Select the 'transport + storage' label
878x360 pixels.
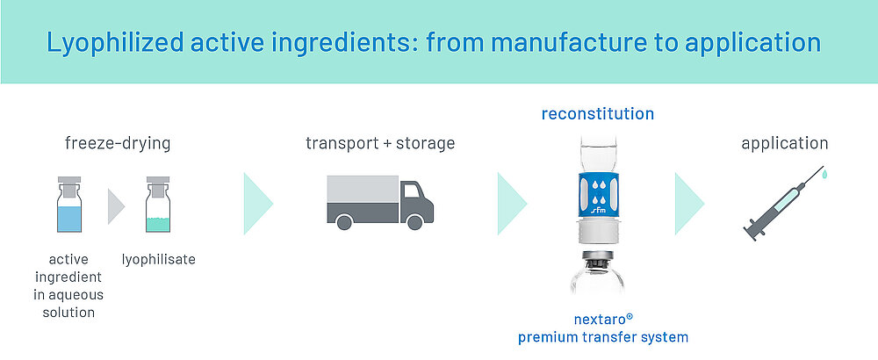click(x=380, y=142)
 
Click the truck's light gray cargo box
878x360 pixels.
click(x=360, y=189)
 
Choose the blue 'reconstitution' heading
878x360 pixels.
click(x=597, y=113)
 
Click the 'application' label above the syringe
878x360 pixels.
click(x=784, y=142)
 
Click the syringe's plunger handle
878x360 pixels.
click(x=751, y=232)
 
